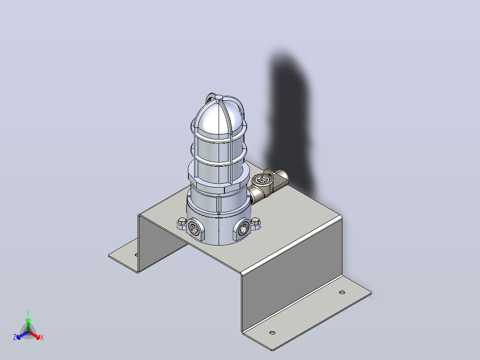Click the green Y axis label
pos(28,313)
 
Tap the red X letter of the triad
pos(42,337)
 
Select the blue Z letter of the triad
pos(15,337)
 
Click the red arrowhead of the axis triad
pos(38,337)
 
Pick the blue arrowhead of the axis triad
pos(19,337)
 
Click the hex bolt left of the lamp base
pos(182,223)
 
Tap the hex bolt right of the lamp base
pos(256,223)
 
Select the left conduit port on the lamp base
pos(194,229)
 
